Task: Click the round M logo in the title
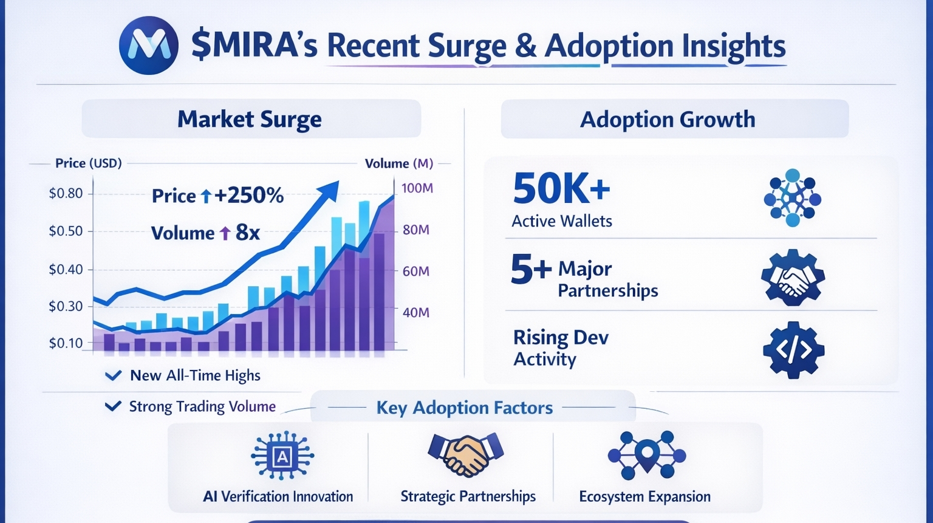pos(149,46)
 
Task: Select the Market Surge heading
pos(250,119)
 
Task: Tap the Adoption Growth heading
pos(668,119)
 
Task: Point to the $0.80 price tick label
pos(66,194)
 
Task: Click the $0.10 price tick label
pos(66,343)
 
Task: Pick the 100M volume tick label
pos(417,188)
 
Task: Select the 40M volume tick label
pos(416,312)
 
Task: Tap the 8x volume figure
pos(247,233)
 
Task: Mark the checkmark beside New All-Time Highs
pos(113,375)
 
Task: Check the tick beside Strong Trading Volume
pos(113,406)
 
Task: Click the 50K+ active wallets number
pos(561,188)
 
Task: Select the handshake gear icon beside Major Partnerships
pos(792,278)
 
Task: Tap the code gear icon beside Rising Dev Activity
pos(793,350)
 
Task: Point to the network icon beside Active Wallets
pos(792,198)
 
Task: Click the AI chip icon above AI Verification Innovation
pos(282,456)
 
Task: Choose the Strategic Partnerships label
pos(468,496)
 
